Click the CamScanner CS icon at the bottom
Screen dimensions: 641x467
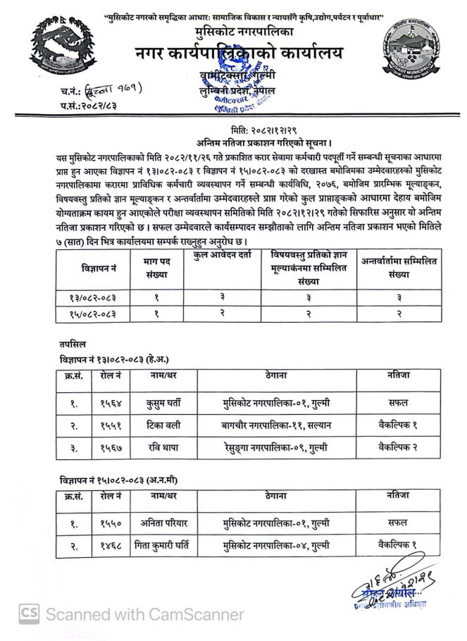[28, 614]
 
